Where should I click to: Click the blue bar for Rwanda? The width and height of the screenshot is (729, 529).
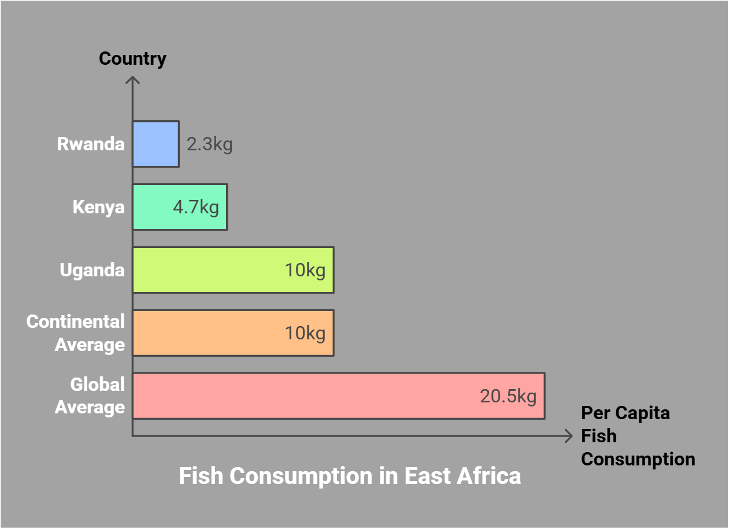[156, 144]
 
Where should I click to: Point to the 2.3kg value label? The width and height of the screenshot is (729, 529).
[209, 144]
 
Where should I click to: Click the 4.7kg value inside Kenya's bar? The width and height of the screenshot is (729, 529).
[196, 207]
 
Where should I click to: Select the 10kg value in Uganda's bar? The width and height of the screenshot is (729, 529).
[305, 270]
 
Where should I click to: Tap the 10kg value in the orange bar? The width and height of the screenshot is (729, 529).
[305, 333]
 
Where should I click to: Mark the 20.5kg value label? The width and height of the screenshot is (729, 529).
[508, 396]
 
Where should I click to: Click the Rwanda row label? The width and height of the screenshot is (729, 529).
[91, 144]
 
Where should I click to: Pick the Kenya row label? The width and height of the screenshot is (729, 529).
[98, 207]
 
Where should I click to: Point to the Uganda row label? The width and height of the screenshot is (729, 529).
[92, 270]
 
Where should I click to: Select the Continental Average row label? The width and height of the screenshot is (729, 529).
[76, 333]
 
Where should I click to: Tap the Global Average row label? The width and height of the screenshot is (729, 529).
[90, 396]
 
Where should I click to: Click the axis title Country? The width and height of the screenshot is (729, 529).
[132, 58]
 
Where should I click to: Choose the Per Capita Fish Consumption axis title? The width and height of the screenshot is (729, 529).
[637, 436]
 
